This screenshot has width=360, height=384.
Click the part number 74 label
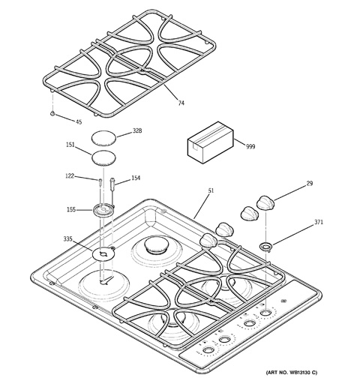[181, 103]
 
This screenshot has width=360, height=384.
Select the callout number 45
[79, 121]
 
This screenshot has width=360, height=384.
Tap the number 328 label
[137, 130]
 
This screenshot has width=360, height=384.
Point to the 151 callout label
[70, 145]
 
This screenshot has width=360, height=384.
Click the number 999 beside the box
[250, 146]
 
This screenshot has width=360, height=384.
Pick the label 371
[318, 222]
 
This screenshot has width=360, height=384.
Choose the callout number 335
[67, 239]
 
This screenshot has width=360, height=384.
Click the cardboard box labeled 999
[211, 142]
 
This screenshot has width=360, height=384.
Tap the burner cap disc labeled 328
[104, 137]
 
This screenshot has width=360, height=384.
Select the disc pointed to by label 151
[104, 158]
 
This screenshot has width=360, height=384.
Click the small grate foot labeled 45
[52, 113]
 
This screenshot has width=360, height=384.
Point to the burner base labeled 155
[103, 209]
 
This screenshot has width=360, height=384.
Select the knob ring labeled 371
[266, 247]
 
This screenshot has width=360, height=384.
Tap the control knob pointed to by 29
[265, 202]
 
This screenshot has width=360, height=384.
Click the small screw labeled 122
[100, 182]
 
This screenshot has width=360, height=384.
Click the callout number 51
[211, 190]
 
